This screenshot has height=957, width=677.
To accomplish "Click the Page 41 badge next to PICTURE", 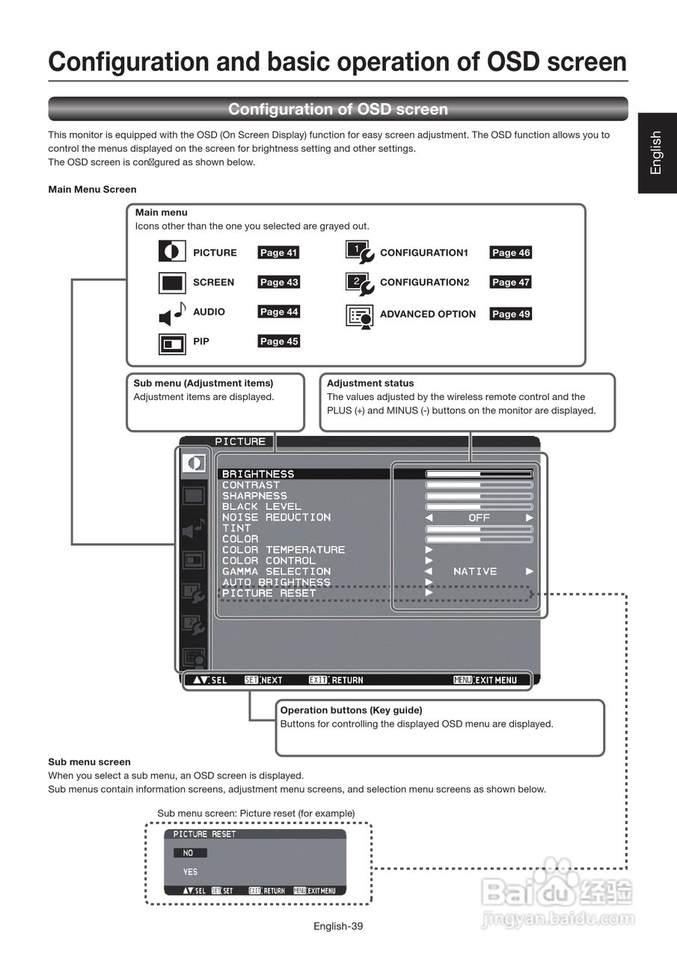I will [x=278, y=253].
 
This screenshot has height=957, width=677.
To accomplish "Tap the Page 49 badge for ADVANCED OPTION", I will [x=511, y=314].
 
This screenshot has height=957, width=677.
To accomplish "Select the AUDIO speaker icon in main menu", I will [x=172, y=313].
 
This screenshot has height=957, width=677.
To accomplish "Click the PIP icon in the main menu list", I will [x=172, y=344].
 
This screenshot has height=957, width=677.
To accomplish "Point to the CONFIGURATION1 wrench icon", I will [x=359, y=253].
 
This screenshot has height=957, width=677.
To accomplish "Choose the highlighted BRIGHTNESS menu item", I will [x=258, y=474].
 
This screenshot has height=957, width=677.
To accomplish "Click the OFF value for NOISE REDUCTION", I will [x=479, y=517].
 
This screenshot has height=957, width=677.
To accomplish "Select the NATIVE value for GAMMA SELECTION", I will [x=475, y=571].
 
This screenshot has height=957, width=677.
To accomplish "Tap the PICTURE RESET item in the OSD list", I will [x=269, y=593].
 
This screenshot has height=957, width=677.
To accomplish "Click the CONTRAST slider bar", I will [x=479, y=485].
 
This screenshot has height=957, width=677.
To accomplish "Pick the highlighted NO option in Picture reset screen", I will [x=189, y=852].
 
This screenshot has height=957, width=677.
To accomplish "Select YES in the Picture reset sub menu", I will [x=191, y=872].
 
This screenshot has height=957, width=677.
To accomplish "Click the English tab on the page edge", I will [x=657, y=153].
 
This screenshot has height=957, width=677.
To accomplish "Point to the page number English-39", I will [x=338, y=926].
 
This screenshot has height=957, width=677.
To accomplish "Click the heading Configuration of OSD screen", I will [x=338, y=109].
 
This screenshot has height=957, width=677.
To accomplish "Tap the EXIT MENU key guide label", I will [x=485, y=680].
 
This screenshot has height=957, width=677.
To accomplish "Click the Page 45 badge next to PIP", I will [x=278, y=342].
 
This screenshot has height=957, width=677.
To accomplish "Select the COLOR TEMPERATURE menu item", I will [x=284, y=550].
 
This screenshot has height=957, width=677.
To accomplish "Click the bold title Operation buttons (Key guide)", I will [x=351, y=710].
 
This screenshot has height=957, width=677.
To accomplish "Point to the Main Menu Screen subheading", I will [x=92, y=189].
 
